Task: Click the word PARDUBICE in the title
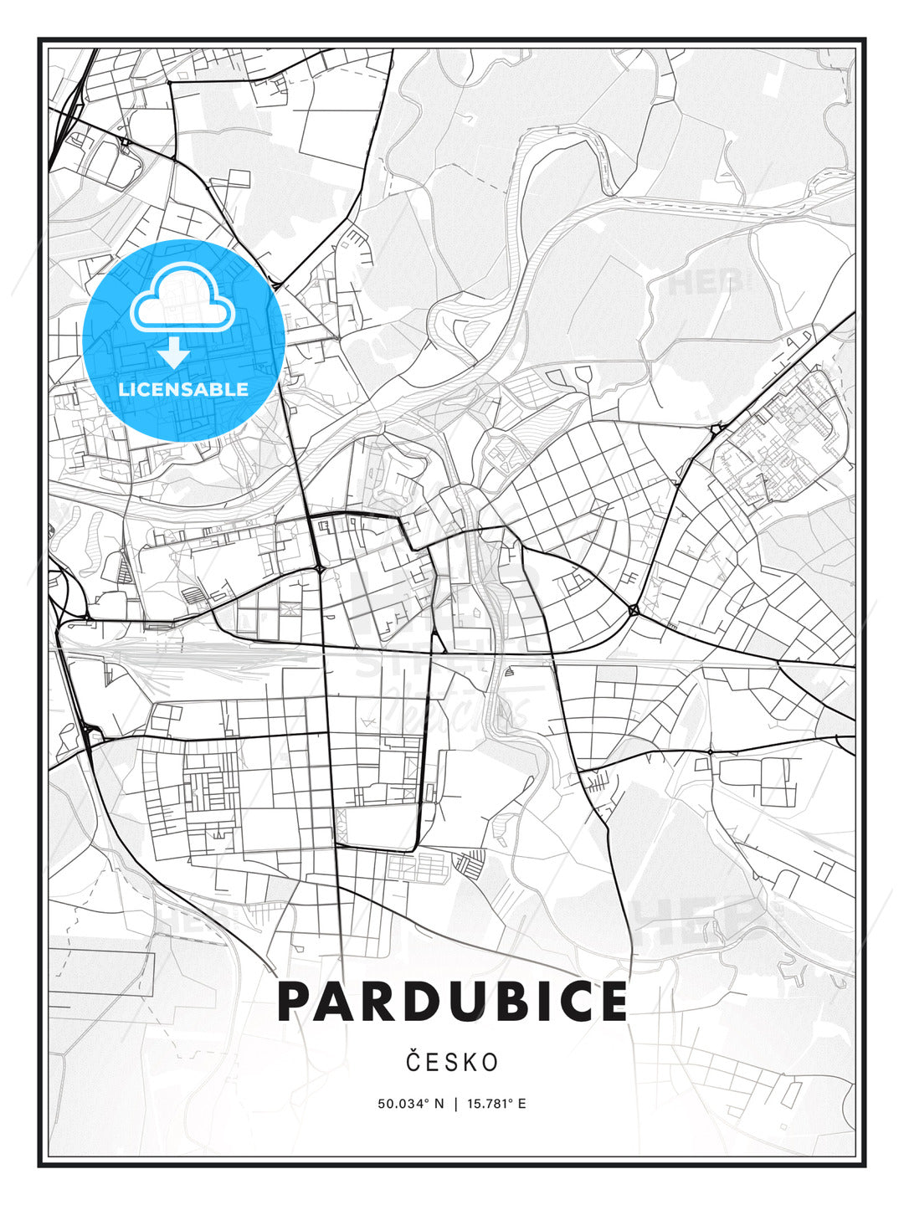[x=452, y=1002]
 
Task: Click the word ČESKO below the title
[x=452, y=1063]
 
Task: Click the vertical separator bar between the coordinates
[x=455, y=1104]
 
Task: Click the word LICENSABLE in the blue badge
[x=183, y=389]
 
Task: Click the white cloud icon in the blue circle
[x=182, y=299]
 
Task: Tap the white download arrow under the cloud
[x=174, y=354]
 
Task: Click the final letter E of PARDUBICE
[x=610, y=1002]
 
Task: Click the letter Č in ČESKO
[x=413, y=1062]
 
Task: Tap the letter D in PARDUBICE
[x=412, y=1002]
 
